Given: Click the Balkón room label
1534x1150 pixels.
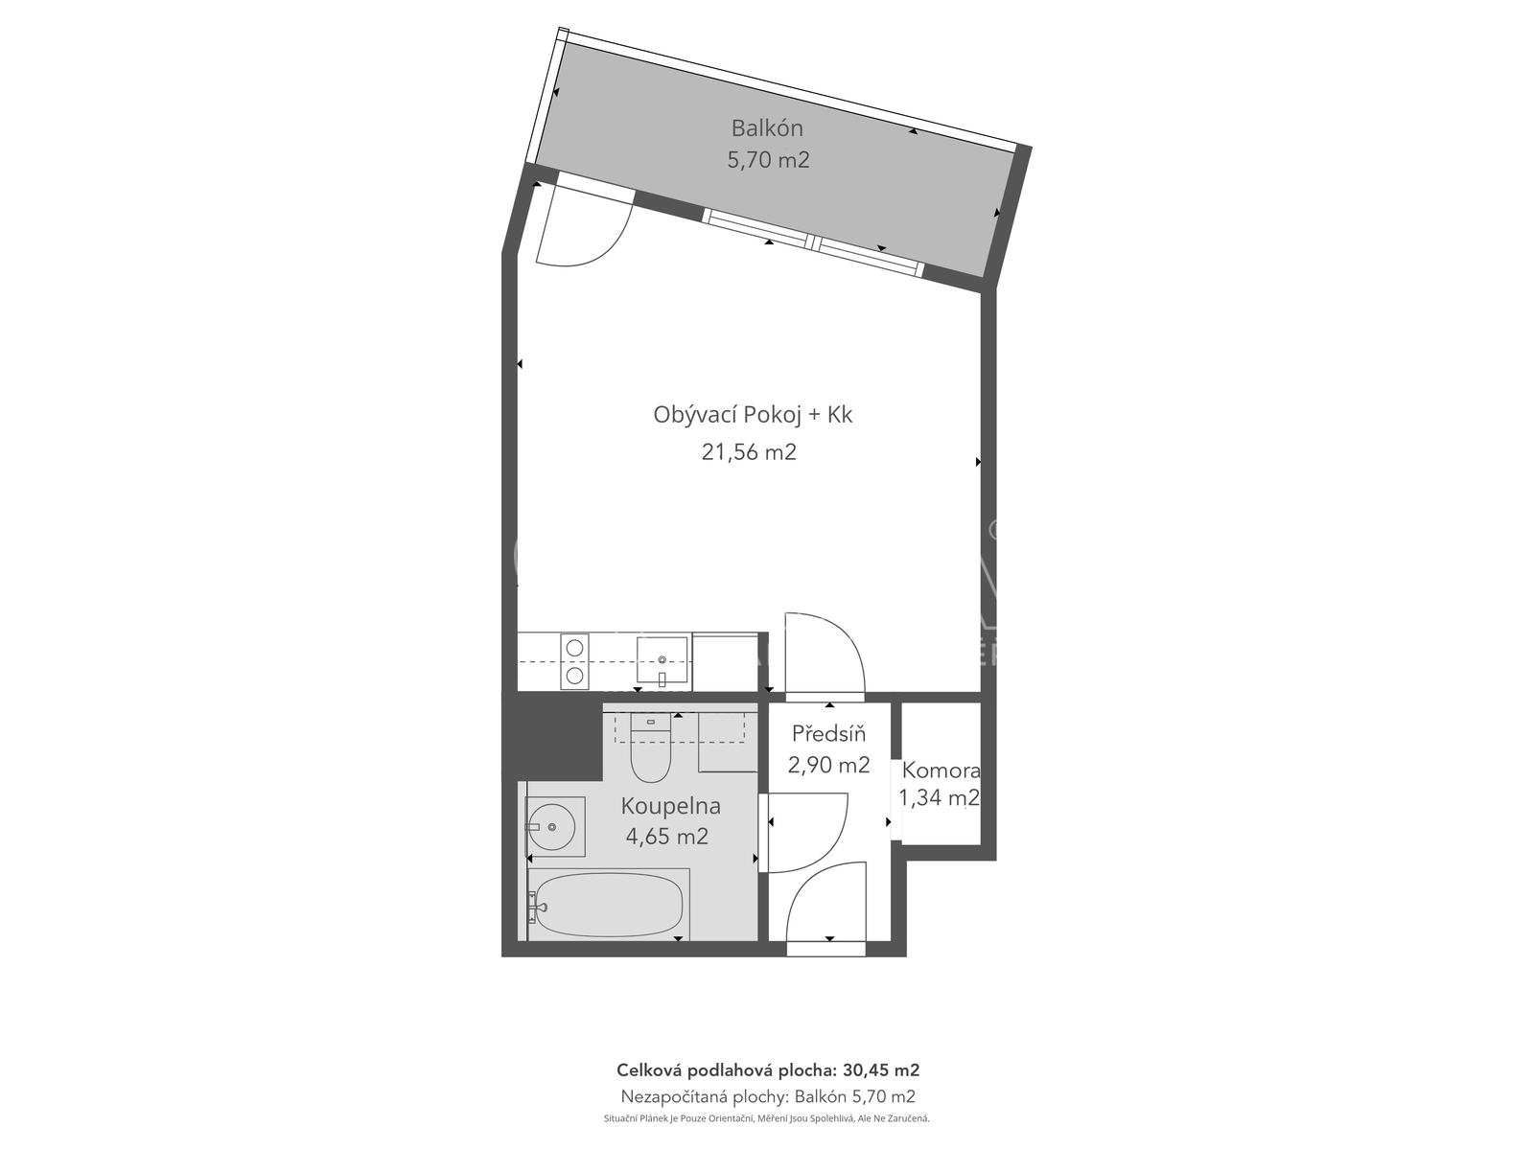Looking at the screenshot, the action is pos(767,127).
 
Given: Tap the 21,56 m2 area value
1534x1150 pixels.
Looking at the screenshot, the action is pos(749,452).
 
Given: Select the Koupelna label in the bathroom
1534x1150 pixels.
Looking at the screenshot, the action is pos(670,807).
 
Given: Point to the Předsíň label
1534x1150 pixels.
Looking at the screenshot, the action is pos(828,733).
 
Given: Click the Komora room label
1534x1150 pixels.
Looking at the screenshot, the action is pos(941,770).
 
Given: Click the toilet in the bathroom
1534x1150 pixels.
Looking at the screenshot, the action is pos(651,747).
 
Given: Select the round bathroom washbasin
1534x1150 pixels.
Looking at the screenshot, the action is pos(552,827).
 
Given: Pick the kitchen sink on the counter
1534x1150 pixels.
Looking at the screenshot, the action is pos(662,660).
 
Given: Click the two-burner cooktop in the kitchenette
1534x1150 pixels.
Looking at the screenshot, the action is pos(574,661).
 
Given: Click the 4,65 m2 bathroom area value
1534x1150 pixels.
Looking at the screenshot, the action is pos(666,836).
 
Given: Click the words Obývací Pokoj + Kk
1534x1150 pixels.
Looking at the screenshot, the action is pos(753,415).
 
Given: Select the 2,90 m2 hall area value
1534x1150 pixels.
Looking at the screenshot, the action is pos(829,765).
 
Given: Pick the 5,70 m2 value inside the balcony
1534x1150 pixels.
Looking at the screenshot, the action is pos(768,160).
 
